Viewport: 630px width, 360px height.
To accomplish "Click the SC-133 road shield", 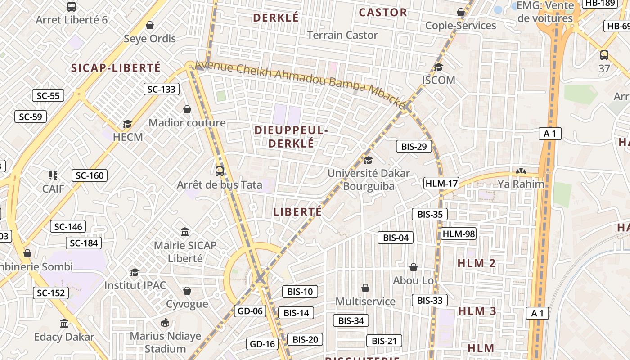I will coord(162,89).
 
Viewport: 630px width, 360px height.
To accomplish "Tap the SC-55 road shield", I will coord(48,95).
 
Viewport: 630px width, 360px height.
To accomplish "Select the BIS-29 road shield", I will coord(414,146).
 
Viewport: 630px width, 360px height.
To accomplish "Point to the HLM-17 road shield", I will coord(441,183).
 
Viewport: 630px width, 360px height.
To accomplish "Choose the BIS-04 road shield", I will coord(396,238).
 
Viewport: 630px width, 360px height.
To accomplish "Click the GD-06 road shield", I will coord(250,310).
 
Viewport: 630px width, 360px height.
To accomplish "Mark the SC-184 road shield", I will coord(84,243).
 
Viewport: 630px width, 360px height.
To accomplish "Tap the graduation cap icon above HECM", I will coord(128,124).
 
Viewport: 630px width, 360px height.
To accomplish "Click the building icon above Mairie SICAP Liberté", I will coord(185,232).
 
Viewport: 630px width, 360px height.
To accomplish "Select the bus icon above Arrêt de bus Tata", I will coord(220,171).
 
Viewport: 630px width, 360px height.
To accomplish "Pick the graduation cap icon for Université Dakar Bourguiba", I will coord(369,160).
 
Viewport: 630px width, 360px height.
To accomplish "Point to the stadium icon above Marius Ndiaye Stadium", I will coord(165,323).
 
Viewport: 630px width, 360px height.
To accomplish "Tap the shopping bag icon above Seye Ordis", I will coord(150,25).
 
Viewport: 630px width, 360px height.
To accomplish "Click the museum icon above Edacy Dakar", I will coord(64,323).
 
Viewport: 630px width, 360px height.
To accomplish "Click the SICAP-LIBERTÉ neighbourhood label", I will coord(116,68).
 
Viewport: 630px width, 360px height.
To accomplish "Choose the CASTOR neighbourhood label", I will coord(383,13).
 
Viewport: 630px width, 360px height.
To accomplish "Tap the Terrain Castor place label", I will coord(342,35).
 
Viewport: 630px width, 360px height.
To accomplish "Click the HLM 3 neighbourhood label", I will coord(477,311).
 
